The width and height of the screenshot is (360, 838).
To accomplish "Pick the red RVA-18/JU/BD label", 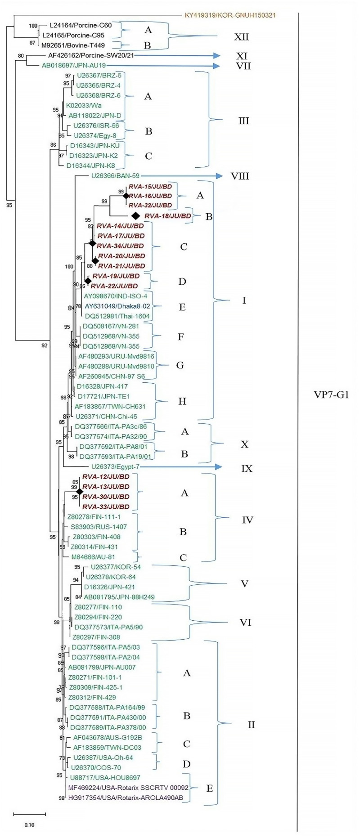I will [x=168, y=216].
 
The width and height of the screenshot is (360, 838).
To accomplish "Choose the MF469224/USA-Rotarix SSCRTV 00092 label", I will [x=128, y=788].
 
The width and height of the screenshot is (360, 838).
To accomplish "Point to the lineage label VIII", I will [x=240, y=176].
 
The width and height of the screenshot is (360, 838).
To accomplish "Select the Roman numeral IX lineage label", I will [x=247, y=469].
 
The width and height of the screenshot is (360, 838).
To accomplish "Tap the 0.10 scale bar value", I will [x=29, y=825].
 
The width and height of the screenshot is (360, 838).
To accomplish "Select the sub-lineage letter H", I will [x=182, y=401].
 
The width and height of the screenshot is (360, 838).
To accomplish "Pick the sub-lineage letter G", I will [x=180, y=365].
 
